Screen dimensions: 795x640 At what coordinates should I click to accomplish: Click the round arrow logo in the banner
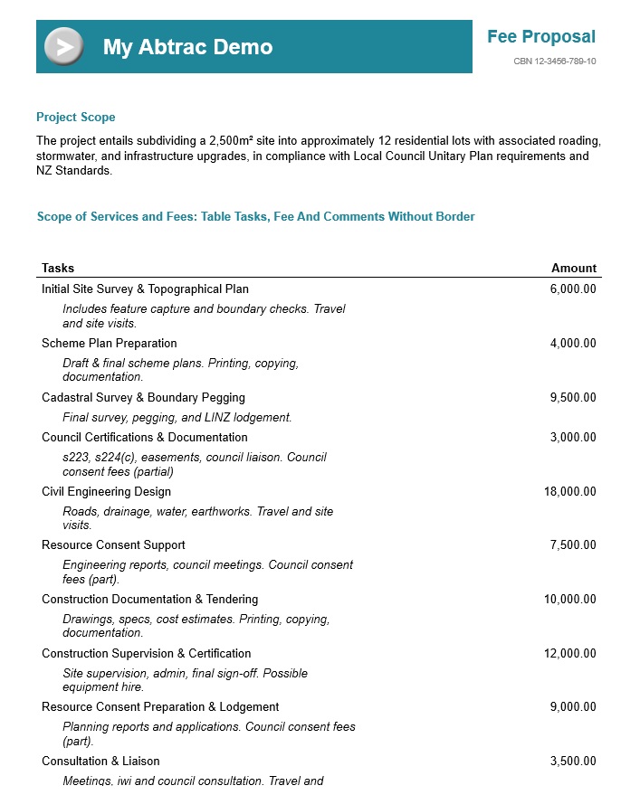(x=63, y=47)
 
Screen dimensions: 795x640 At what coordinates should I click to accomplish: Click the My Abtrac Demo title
(x=187, y=47)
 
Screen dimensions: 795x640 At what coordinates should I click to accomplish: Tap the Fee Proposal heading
(x=540, y=37)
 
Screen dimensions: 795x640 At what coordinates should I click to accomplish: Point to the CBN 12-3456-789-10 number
(x=554, y=62)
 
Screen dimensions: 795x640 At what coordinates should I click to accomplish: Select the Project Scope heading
(x=76, y=118)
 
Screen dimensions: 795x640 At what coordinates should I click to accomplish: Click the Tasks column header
(x=58, y=268)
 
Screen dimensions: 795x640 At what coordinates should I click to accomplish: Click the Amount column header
(x=574, y=268)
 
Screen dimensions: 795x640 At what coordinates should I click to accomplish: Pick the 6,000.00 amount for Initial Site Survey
(x=573, y=289)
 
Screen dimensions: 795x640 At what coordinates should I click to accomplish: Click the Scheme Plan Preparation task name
(x=110, y=344)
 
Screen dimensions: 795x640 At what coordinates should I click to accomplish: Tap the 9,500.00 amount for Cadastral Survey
(x=573, y=398)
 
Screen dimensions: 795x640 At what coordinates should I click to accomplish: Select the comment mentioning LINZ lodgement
(x=177, y=418)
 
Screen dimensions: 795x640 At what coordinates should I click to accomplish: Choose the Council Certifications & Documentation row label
(x=145, y=438)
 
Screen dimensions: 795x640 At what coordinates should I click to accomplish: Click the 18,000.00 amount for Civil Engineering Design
(x=570, y=492)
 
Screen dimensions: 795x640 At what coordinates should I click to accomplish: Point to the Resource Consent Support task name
(x=113, y=545)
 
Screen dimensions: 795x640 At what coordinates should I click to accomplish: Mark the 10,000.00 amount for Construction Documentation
(x=570, y=600)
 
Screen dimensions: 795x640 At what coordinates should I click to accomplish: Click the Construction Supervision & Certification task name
(x=147, y=654)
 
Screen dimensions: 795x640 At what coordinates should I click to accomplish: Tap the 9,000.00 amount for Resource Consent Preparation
(x=573, y=707)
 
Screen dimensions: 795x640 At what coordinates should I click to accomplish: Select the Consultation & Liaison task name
(x=100, y=762)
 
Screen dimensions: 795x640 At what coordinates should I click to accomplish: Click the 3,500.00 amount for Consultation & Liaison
(x=573, y=762)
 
